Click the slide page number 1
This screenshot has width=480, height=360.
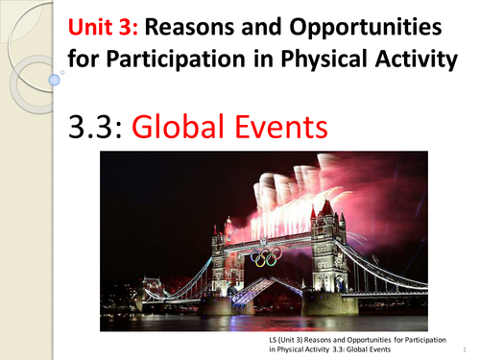[464, 349]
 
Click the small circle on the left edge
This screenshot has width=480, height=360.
[63, 72]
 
